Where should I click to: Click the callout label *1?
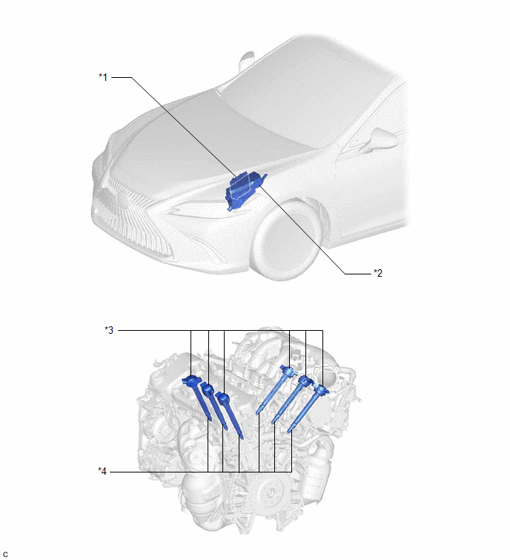[103, 77]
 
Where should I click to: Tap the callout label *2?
[378, 273]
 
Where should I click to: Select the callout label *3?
[109, 330]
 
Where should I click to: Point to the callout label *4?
[102, 472]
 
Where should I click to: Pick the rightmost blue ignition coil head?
[321, 389]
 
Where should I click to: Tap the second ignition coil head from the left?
[208, 389]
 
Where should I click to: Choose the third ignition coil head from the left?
[222, 398]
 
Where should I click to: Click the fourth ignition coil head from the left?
[288, 371]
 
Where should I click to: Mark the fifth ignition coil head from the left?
[305, 381]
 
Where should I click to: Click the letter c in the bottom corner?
[5, 554]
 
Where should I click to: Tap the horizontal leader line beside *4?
[201, 472]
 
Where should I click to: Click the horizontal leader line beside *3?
[221, 330]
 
